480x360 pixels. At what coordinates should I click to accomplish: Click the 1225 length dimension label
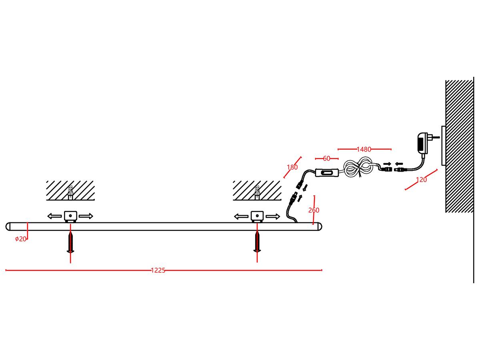(158, 270)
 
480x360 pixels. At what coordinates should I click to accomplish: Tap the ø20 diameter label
(20, 239)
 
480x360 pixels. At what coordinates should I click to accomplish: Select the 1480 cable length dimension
(364, 149)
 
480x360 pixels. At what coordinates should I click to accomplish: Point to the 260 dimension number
(314, 210)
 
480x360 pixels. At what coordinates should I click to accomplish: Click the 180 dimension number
(292, 167)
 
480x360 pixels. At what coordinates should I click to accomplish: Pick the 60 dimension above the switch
(326, 158)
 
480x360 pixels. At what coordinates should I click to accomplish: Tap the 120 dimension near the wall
(422, 180)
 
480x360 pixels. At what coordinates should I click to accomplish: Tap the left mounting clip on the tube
(70, 216)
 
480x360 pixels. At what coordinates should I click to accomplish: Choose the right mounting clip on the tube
(256, 216)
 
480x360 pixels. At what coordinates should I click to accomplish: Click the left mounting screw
(70, 242)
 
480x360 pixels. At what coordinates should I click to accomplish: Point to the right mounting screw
(257, 242)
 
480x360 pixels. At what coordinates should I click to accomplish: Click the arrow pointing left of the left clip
(54, 216)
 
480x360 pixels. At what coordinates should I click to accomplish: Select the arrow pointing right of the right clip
(273, 216)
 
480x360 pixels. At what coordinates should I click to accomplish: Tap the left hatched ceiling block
(70, 190)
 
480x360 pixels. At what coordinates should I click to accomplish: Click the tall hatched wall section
(459, 146)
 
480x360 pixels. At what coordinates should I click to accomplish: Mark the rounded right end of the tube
(319, 226)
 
